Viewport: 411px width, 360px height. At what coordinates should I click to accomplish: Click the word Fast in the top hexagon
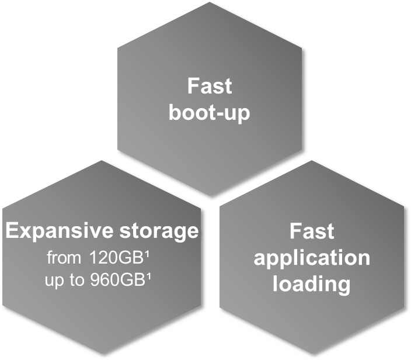[209, 86]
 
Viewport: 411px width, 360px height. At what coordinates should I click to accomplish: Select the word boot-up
[209, 112]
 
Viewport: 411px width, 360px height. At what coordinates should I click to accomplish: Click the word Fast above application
[312, 231]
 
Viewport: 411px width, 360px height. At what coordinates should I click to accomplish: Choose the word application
[312, 258]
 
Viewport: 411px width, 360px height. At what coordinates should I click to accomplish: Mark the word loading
[312, 284]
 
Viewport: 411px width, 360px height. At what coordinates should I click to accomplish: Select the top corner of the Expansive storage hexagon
[102, 161]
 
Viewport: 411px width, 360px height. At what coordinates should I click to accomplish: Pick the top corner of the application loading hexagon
[312, 161]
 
